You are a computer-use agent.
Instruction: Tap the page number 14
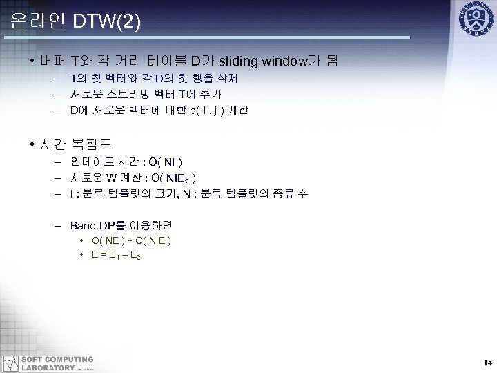[x=487, y=363]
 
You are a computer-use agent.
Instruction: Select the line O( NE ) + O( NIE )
[x=131, y=240]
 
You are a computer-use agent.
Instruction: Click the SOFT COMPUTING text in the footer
[x=57, y=359]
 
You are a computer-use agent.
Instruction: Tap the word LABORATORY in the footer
[x=48, y=367]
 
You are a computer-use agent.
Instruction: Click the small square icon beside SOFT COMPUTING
[x=10, y=363]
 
